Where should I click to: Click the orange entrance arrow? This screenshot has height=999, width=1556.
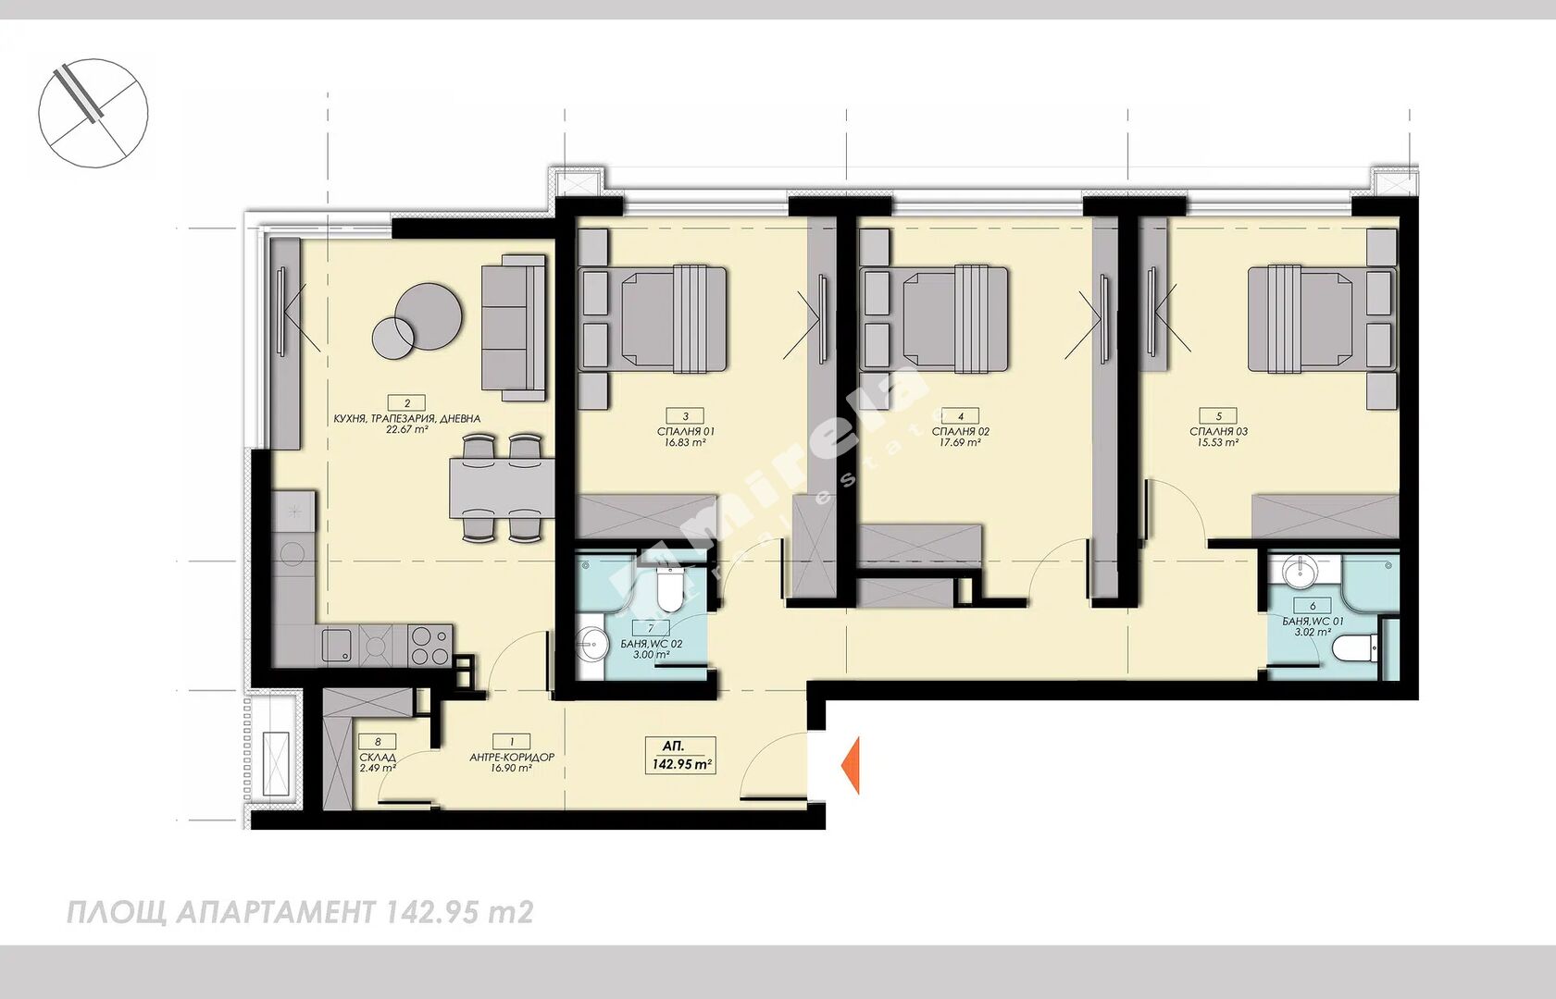tap(851, 765)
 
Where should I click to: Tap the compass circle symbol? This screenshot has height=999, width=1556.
tap(93, 113)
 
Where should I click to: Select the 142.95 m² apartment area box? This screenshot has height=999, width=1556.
tap(680, 756)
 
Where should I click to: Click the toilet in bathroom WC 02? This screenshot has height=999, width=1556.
tap(670, 588)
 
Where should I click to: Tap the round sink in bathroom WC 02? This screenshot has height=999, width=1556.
tap(591, 644)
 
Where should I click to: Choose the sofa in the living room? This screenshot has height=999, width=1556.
tap(514, 327)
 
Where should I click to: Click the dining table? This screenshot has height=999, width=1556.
tap(502, 488)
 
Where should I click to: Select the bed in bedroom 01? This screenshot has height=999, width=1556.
tap(672, 318)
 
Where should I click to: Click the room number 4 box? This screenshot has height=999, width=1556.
tap(961, 416)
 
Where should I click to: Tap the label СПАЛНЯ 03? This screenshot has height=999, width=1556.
tap(1218, 431)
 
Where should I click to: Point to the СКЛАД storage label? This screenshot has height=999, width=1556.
tap(378, 758)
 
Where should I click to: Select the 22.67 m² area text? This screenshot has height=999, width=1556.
tap(407, 430)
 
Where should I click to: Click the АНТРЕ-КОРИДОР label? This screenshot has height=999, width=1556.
tap(512, 758)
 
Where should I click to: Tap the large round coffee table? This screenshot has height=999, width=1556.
tap(429, 316)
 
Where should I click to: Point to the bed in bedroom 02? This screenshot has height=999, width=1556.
tap(955, 318)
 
